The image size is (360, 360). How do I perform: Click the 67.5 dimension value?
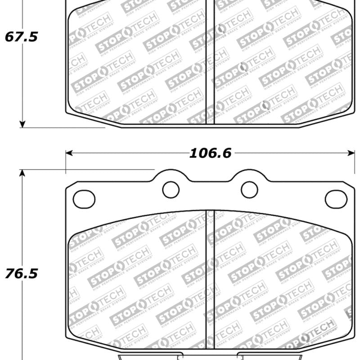(21, 37)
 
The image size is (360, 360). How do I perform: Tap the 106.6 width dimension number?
(210, 153)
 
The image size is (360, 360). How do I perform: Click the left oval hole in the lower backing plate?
(84, 199)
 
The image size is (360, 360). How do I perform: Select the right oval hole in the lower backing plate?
(336, 199)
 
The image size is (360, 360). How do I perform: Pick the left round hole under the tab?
(171, 189)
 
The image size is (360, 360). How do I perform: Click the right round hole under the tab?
(249, 189)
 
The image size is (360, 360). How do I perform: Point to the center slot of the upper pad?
(210, 63)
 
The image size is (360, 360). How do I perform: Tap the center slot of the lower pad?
(210, 279)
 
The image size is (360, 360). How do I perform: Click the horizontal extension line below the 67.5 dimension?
(63, 127)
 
